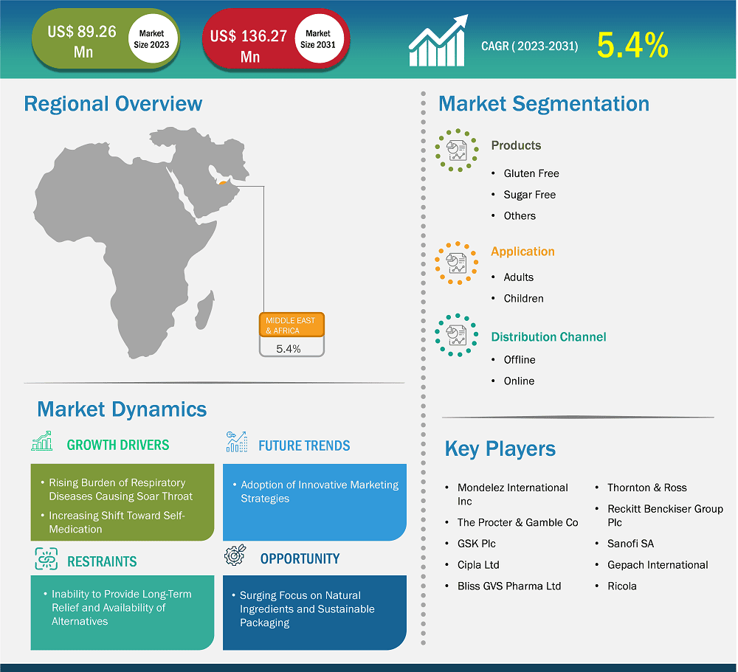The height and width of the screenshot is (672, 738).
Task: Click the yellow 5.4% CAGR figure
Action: click(632, 46)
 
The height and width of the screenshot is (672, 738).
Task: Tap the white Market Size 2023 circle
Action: click(151, 39)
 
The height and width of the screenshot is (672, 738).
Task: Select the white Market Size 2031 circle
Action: click(318, 39)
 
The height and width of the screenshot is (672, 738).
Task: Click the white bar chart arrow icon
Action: click(438, 41)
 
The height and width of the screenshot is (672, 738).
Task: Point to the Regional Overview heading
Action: click(113, 104)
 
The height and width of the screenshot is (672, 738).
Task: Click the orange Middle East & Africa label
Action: click(292, 325)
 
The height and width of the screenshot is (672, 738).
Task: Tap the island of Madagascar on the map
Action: click(205, 310)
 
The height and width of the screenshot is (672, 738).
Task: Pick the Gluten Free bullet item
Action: click(531, 173)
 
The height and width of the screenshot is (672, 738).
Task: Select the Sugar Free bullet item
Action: click(529, 195)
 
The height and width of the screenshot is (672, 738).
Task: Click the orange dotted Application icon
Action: click(456, 263)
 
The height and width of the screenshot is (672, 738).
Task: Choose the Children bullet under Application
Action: click(523, 298)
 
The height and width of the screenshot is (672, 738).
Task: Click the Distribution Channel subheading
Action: click(548, 337)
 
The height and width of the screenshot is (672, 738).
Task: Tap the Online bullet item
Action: click(519, 381)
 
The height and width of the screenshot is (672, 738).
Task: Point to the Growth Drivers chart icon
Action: click(42, 441)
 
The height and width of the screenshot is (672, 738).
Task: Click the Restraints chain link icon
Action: click(46, 558)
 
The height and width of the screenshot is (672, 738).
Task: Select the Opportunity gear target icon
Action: click(235, 555)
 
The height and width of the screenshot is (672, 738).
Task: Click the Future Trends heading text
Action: click(304, 446)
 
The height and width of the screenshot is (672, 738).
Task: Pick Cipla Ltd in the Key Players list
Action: click(478, 565)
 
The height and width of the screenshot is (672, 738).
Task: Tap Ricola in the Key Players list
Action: click(621, 586)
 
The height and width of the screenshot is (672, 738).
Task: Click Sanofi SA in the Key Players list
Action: click(630, 544)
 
